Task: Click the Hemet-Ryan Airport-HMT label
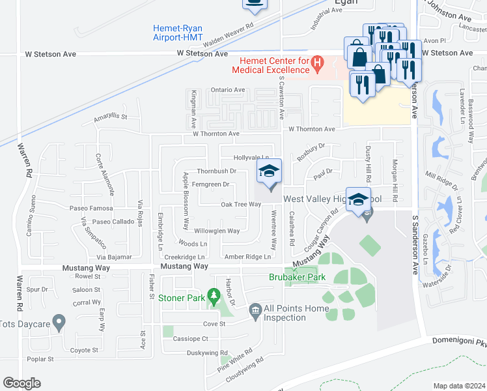point(178,33)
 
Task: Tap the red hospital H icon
point(318,63)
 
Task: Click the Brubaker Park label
point(297,277)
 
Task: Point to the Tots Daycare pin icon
point(59,322)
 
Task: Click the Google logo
point(21,383)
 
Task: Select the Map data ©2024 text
point(458,386)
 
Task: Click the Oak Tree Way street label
point(241,204)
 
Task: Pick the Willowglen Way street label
point(217,231)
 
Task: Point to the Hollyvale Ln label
point(251,158)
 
